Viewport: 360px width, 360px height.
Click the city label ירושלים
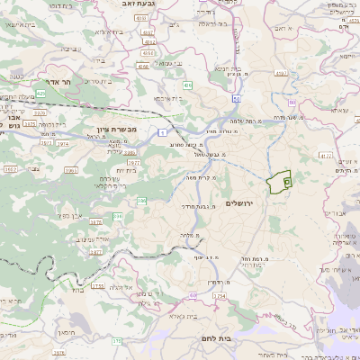pos(242,202)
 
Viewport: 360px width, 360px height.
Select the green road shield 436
pos(187,85)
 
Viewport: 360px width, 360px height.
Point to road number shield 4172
pos(325,155)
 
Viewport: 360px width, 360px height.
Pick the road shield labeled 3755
pos(95,285)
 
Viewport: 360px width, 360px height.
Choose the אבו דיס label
pos(332,213)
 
